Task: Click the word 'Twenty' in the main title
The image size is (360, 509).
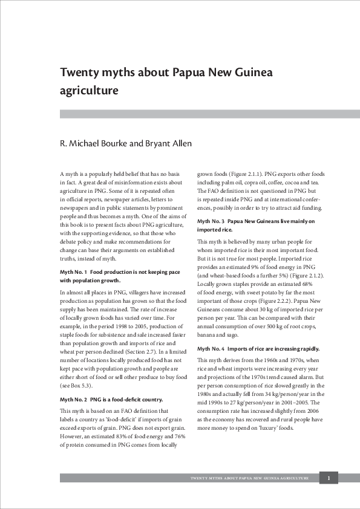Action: (78, 73)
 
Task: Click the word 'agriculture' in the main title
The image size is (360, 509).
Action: (88, 91)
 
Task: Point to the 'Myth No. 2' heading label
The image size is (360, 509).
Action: (74, 400)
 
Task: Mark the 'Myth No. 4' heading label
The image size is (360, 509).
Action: (211, 349)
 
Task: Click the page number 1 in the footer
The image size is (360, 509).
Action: (329, 478)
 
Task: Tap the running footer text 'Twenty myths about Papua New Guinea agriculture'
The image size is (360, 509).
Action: (249, 478)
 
